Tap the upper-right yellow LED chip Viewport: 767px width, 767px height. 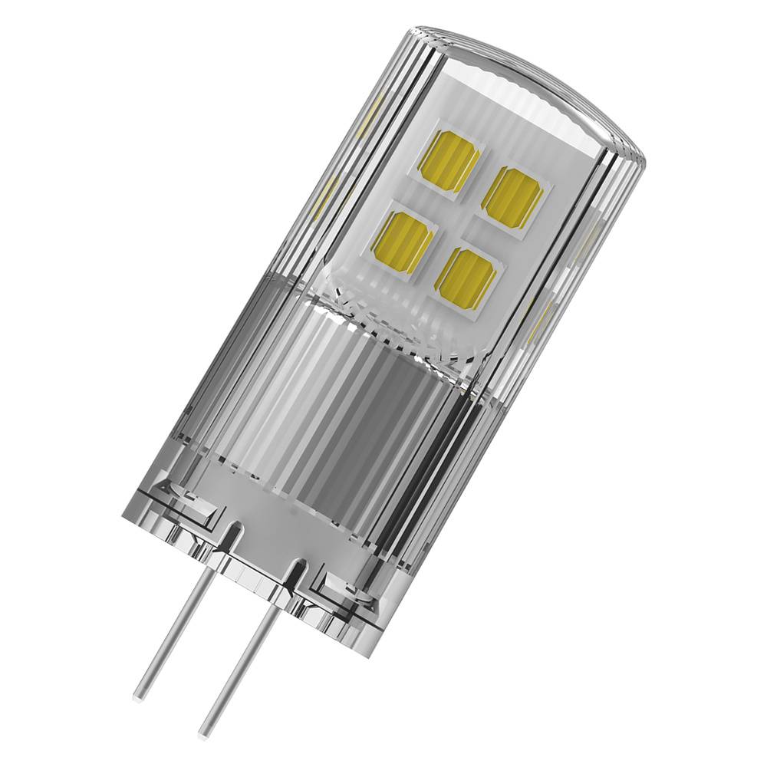click(512, 196)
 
